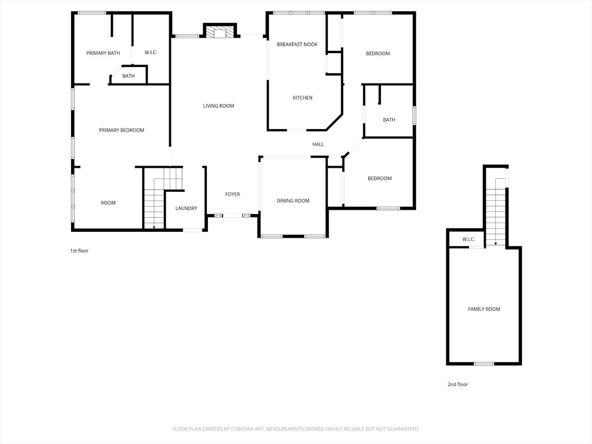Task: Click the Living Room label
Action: click(218, 106)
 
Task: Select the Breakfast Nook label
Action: click(297, 45)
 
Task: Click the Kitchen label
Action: click(303, 98)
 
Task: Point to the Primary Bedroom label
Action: click(121, 130)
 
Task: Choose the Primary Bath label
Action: click(103, 53)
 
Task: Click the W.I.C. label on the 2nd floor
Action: click(468, 239)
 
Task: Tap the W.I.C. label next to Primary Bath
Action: click(151, 53)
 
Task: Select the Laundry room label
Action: click(186, 208)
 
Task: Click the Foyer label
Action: click(232, 194)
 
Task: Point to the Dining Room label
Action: click(293, 201)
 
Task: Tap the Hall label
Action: click(318, 144)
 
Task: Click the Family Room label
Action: click(484, 309)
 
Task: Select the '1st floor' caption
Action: click(79, 251)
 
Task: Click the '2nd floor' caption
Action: click(457, 384)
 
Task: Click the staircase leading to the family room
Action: click(495, 210)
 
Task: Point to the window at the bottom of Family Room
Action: click(484, 363)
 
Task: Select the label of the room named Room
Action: click(108, 203)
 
